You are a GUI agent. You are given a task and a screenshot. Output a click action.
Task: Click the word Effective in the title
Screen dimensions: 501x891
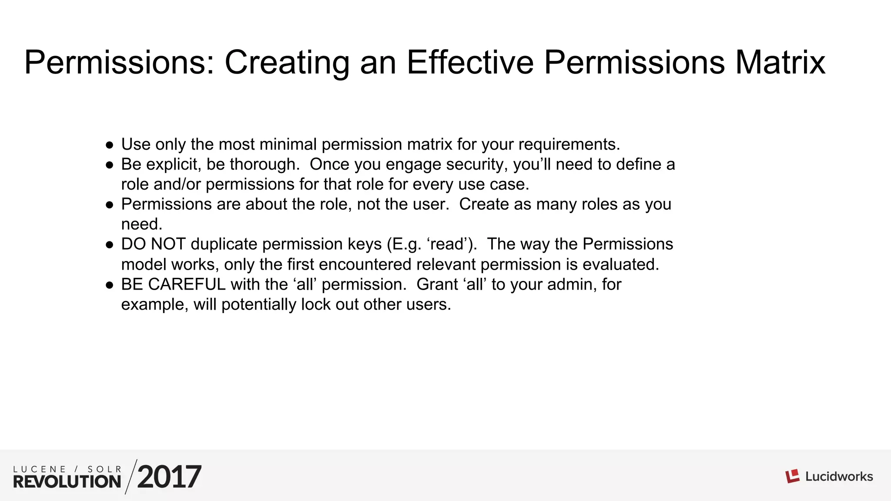[470, 63]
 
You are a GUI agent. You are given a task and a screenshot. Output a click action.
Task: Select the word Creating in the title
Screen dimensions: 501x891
[287, 63]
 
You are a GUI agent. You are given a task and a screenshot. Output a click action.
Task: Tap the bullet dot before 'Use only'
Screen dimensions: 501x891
[110, 145]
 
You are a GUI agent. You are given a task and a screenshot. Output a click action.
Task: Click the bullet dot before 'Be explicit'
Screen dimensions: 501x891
[110, 165]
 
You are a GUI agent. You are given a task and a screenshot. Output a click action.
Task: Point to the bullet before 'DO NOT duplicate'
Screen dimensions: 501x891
[110, 245]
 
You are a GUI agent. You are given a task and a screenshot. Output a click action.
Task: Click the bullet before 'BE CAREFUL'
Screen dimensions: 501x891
[110, 285]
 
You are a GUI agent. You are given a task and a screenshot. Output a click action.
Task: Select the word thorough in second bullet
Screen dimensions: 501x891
[264, 164]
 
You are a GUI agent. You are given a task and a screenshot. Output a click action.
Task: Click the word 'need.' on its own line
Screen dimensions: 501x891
[141, 224]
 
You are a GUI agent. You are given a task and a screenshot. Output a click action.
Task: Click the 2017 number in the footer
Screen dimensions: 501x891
[169, 477]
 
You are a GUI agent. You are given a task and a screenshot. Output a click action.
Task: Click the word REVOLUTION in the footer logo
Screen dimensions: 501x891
[67, 481]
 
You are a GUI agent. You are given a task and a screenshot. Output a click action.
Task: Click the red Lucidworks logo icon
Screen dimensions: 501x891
[792, 476]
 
